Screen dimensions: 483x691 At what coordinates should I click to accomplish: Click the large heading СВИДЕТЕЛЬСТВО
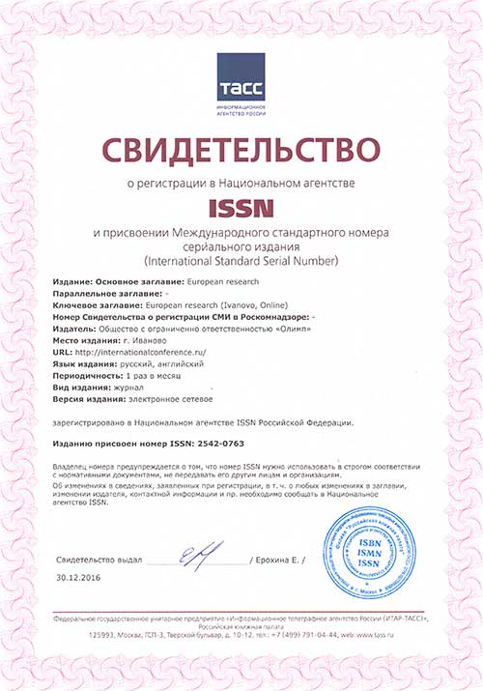click(241, 150)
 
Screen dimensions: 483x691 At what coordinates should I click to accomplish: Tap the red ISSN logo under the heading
click(241, 207)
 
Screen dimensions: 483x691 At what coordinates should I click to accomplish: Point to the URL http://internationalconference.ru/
click(144, 354)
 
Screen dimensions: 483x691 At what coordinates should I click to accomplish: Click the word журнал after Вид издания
click(128, 386)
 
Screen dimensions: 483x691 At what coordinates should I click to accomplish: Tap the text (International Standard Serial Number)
click(241, 261)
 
